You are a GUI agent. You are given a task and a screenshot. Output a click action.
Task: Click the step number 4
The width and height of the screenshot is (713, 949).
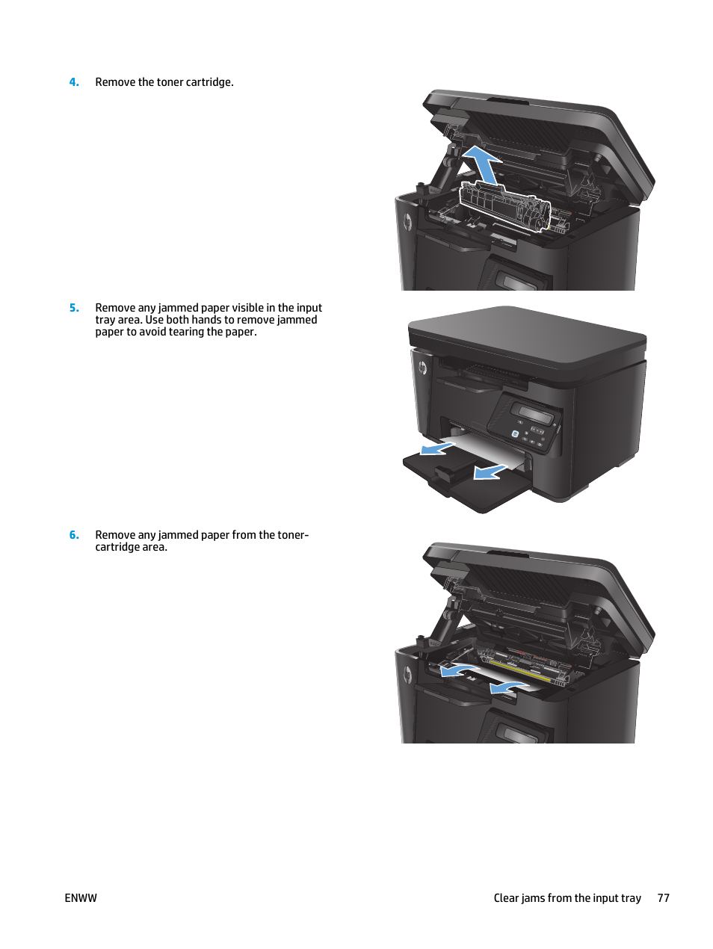pyautogui.click(x=74, y=82)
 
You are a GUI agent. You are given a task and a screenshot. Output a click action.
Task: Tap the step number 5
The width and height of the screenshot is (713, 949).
pyautogui.click(x=74, y=308)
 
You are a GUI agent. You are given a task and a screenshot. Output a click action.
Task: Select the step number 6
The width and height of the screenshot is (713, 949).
pyautogui.click(x=74, y=535)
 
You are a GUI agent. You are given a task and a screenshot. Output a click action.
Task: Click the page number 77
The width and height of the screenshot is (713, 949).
pyautogui.click(x=663, y=898)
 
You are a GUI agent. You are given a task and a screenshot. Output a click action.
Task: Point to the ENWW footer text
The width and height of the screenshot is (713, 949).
pyautogui.click(x=81, y=898)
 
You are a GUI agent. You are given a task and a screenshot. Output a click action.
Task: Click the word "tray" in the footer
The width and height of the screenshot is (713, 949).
pyautogui.click(x=631, y=898)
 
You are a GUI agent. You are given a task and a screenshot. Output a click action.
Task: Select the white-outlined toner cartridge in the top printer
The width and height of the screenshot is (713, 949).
pyautogui.click(x=504, y=205)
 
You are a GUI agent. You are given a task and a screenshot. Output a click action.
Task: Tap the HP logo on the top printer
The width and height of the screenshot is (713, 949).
pyautogui.click(x=408, y=222)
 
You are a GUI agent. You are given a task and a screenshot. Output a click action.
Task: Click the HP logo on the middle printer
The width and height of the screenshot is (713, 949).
pyautogui.click(x=422, y=368)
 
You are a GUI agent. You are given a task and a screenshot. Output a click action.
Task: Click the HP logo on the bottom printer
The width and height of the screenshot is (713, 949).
pyautogui.click(x=408, y=675)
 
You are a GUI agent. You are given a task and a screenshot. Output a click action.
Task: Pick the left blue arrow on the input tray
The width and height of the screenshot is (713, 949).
pyautogui.click(x=436, y=448)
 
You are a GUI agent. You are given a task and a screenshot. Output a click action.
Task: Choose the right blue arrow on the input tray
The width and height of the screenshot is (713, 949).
pyautogui.click(x=490, y=472)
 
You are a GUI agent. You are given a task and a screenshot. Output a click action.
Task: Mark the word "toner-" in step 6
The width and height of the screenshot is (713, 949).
pyautogui.click(x=291, y=535)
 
